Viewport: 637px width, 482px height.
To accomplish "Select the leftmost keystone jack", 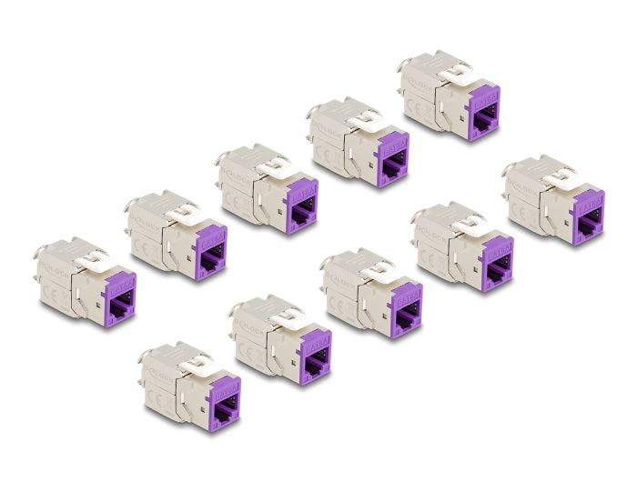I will [83, 281].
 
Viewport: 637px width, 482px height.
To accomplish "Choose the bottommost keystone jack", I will [187, 383].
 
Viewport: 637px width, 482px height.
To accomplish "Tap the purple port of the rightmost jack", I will [587, 216].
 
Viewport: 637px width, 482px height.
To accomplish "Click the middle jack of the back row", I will [255, 186].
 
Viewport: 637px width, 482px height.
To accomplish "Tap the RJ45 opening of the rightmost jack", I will [588, 221].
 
